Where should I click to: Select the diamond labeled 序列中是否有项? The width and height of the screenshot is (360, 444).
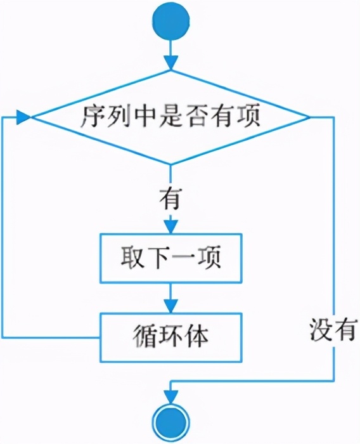170,118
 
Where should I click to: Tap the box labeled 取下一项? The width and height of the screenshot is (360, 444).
170,259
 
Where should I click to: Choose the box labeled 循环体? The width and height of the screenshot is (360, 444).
170,336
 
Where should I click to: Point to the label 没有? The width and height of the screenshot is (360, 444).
331,330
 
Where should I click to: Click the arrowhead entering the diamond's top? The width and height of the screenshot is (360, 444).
170,62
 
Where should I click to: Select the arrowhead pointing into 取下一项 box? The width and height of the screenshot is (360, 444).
170,226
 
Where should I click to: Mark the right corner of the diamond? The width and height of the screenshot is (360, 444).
309,118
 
